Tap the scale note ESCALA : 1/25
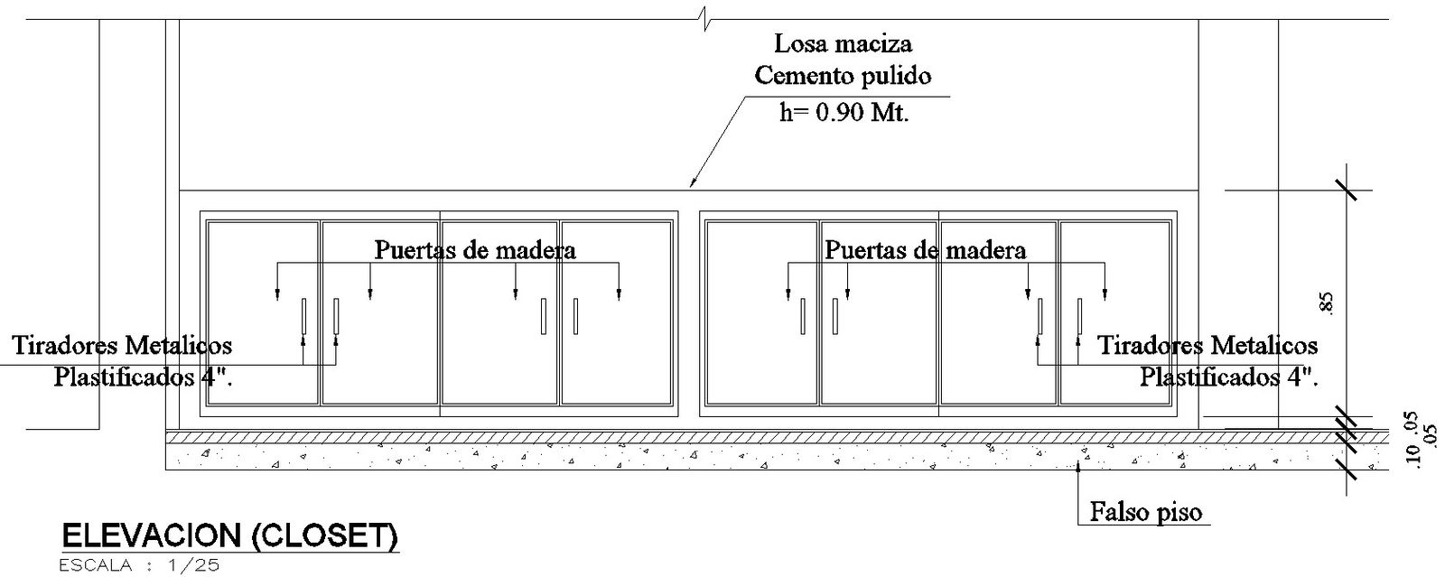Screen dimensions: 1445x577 tap(138, 566)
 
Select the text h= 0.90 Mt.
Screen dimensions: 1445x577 tap(843, 112)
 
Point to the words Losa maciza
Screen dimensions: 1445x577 tap(844, 43)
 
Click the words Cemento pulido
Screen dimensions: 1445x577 tap(843, 76)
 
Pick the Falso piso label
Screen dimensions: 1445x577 tap(1146, 513)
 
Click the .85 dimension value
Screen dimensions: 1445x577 tap(1326, 302)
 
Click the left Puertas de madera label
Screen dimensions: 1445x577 tap(475, 249)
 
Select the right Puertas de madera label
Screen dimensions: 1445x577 tap(925, 249)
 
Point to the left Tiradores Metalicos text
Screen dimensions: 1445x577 tap(122, 345)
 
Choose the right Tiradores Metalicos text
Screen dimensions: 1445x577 tap(1207, 345)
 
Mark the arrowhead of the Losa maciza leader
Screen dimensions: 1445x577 tap(694, 185)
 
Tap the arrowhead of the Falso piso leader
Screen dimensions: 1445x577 tap(1078, 466)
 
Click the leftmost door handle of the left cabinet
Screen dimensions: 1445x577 tap(303, 316)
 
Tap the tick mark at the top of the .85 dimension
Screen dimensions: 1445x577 tap(1347, 191)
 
